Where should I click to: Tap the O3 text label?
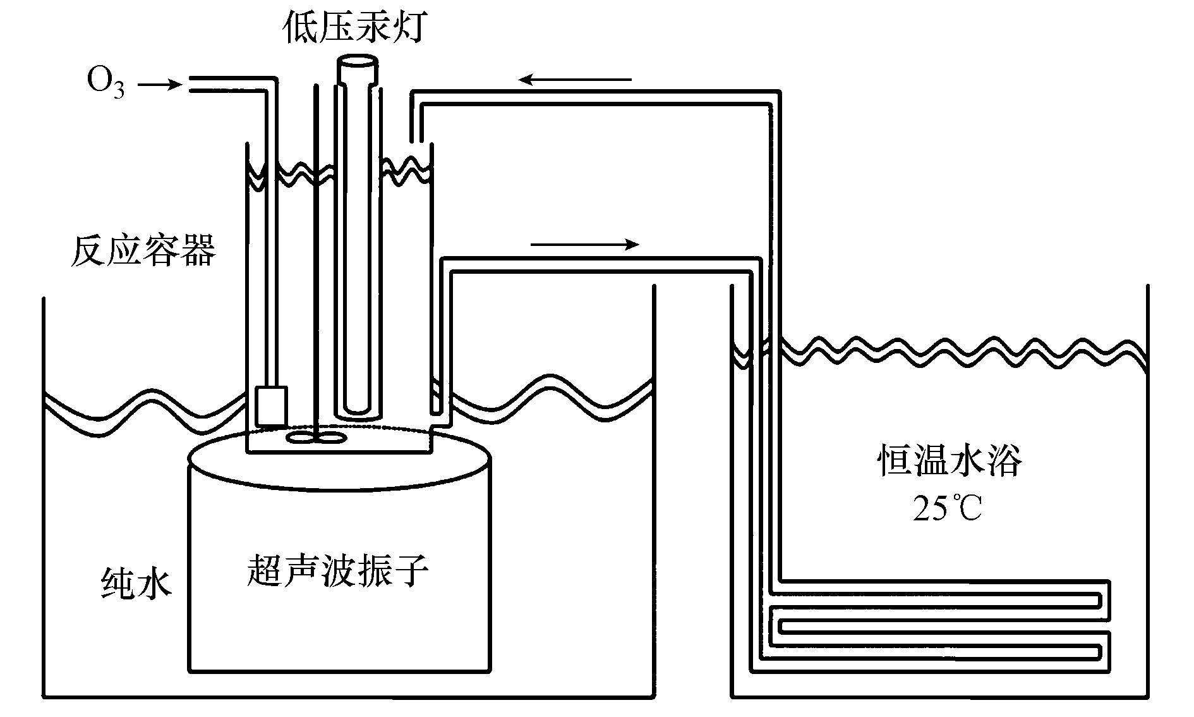coord(106,84)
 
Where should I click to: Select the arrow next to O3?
coord(159,84)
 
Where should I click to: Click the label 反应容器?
coord(143,250)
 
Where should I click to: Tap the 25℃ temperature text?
coord(948,508)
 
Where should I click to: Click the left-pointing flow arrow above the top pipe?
coord(575,80)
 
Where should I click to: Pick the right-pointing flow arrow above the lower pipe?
coord(585,245)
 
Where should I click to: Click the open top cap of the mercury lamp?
coord(357,63)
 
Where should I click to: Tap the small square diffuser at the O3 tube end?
coord(272,405)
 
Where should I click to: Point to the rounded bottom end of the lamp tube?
coord(358,410)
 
